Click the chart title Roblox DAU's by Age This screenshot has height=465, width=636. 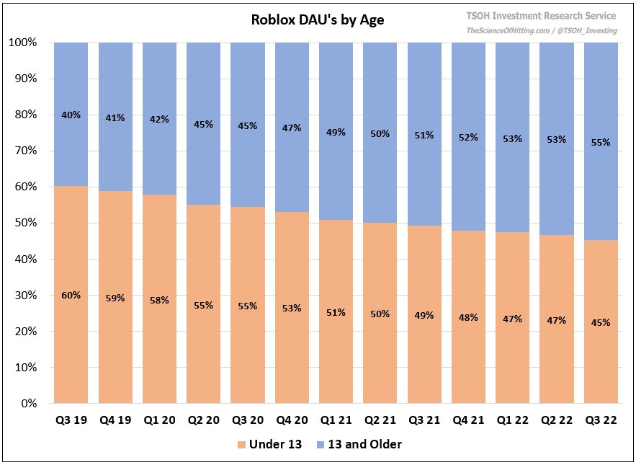click(318, 20)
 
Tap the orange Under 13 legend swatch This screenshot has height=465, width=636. click(241, 445)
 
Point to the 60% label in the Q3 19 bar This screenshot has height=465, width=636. click(71, 295)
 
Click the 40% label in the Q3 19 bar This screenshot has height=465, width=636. click(71, 115)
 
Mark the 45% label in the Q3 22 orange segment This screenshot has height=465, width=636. click(601, 322)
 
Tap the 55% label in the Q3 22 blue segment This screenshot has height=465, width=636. click(601, 142)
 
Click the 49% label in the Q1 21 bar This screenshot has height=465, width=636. click(336, 132)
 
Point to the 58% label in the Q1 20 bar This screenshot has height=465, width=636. click(159, 299)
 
